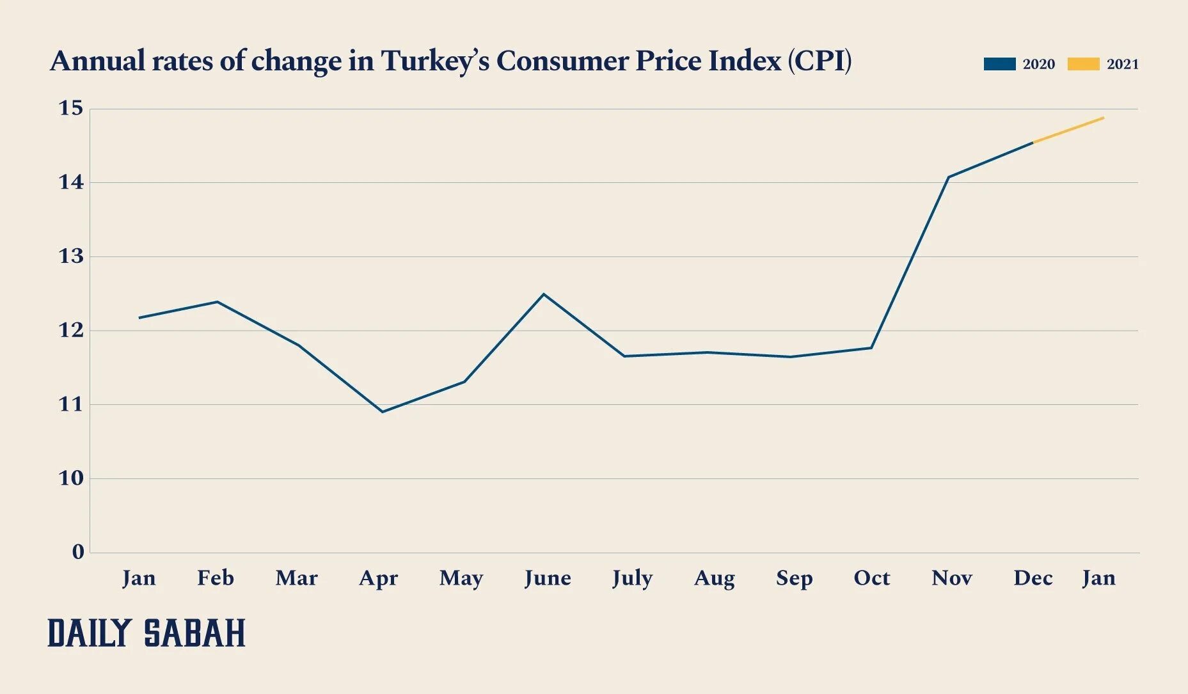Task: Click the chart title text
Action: tap(450, 61)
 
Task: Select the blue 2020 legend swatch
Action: tap(999, 64)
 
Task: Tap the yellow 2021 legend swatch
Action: tap(1083, 64)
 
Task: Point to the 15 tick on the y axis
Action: tap(71, 108)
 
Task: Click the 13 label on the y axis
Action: tap(71, 256)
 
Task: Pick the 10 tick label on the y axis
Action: tap(71, 478)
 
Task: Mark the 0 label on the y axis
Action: tap(78, 552)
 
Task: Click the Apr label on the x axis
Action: tap(378, 578)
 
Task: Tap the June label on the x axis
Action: tap(548, 578)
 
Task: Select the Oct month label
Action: tap(871, 578)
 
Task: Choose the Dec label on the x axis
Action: tap(1033, 578)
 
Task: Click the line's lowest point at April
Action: tap(383, 412)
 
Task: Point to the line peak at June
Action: tap(544, 294)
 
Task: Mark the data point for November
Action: tap(948, 177)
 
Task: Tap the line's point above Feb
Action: tap(218, 302)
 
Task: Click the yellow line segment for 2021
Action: tap(1068, 130)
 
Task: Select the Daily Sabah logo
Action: tap(147, 633)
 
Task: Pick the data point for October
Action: tap(871, 348)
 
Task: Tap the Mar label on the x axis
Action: tap(296, 578)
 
